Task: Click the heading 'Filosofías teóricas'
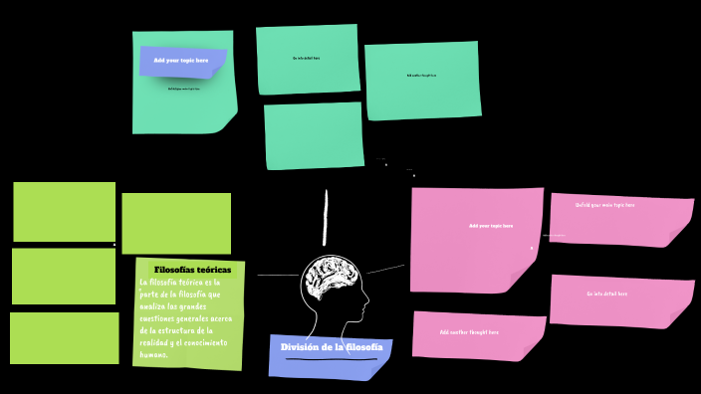pyautogui.click(x=192, y=270)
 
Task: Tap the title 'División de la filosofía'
pyautogui.click(x=331, y=347)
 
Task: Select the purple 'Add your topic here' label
pyautogui.click(x=181, y=61)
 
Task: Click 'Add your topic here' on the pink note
pyautogui.click(x=491, y=226)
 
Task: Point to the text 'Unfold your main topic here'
pyautogui.click(x=604, y=205)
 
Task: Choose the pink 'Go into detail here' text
pyautogui.click(x=606, y=294)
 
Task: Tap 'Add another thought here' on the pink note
pyautogui.click(x=469, y=332)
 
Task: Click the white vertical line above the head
pyautogui.click(x=326, y=217)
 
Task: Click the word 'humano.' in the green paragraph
pyautogui.click(x=154, y=354)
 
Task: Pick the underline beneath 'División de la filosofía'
pyautogui.click(x=332, y=359)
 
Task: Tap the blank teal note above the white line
pyautogui.click(x=314, y=135)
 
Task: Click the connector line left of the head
pyautogui.click(x=277, y=275)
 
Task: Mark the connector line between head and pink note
pyautogui.click(x=386, y=269)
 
